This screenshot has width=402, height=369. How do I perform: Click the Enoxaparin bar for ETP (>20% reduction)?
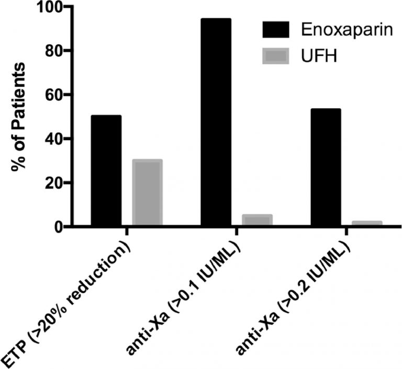[106, 171]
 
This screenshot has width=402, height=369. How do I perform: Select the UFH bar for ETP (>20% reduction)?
[147, 193]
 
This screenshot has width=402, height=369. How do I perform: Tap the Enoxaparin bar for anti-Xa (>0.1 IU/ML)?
[216, 123]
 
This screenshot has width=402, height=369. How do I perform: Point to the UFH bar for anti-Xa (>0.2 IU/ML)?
[366, 224]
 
